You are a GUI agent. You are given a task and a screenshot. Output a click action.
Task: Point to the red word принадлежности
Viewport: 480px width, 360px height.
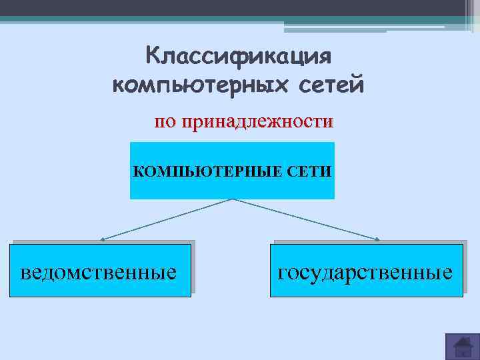[261, 122]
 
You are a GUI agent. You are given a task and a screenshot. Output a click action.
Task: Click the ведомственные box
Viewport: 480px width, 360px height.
[101, 270]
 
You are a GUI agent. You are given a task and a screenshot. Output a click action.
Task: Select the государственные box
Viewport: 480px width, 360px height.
[366, 270]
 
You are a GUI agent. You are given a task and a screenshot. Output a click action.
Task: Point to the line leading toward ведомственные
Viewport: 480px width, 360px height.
[167, 219]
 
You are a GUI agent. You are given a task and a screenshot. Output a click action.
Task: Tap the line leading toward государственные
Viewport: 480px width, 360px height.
[307, 219]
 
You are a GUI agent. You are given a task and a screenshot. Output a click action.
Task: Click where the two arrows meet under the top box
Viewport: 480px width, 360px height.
[233, 199]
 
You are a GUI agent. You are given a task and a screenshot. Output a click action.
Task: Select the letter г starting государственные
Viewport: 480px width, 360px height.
[283, 273]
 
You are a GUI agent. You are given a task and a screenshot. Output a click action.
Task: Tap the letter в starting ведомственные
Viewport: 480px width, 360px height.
[26, 273]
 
